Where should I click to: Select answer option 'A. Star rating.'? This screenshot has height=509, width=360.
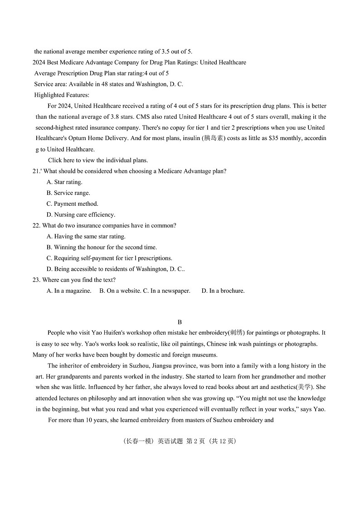point(64,182)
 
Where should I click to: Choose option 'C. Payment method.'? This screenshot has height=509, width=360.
point(72,204)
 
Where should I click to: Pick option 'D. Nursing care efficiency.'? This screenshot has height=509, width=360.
point(81,215)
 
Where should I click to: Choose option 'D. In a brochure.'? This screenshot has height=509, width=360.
point(223,291)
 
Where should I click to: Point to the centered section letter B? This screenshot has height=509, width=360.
point(180,322)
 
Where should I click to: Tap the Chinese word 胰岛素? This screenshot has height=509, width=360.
point(213,139)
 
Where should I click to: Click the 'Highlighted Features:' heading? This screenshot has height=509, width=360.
point(62,95)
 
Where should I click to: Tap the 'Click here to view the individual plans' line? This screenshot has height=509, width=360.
point(98,160)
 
